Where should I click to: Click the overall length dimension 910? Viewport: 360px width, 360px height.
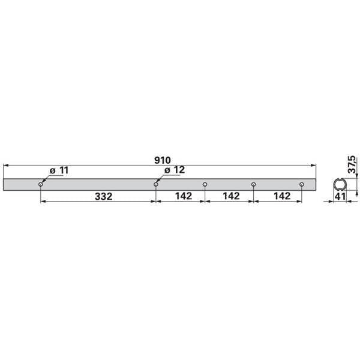click(163, 160)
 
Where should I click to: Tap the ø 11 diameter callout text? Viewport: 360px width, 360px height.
click(59, 170)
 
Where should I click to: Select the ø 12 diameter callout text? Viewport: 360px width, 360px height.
click(175, 170)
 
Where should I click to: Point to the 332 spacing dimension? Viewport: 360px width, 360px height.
click(104, 197)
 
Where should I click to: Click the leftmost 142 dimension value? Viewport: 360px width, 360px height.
click(184, 196)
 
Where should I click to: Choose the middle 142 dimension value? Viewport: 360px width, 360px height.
click(231, 196)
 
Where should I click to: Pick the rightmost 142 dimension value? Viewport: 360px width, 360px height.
click(282, 196)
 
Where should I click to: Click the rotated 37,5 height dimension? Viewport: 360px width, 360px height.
click(352, 164)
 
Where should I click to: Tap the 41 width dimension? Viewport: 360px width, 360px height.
click(340, 197)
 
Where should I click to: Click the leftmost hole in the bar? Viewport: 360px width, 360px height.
click(41, 184)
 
